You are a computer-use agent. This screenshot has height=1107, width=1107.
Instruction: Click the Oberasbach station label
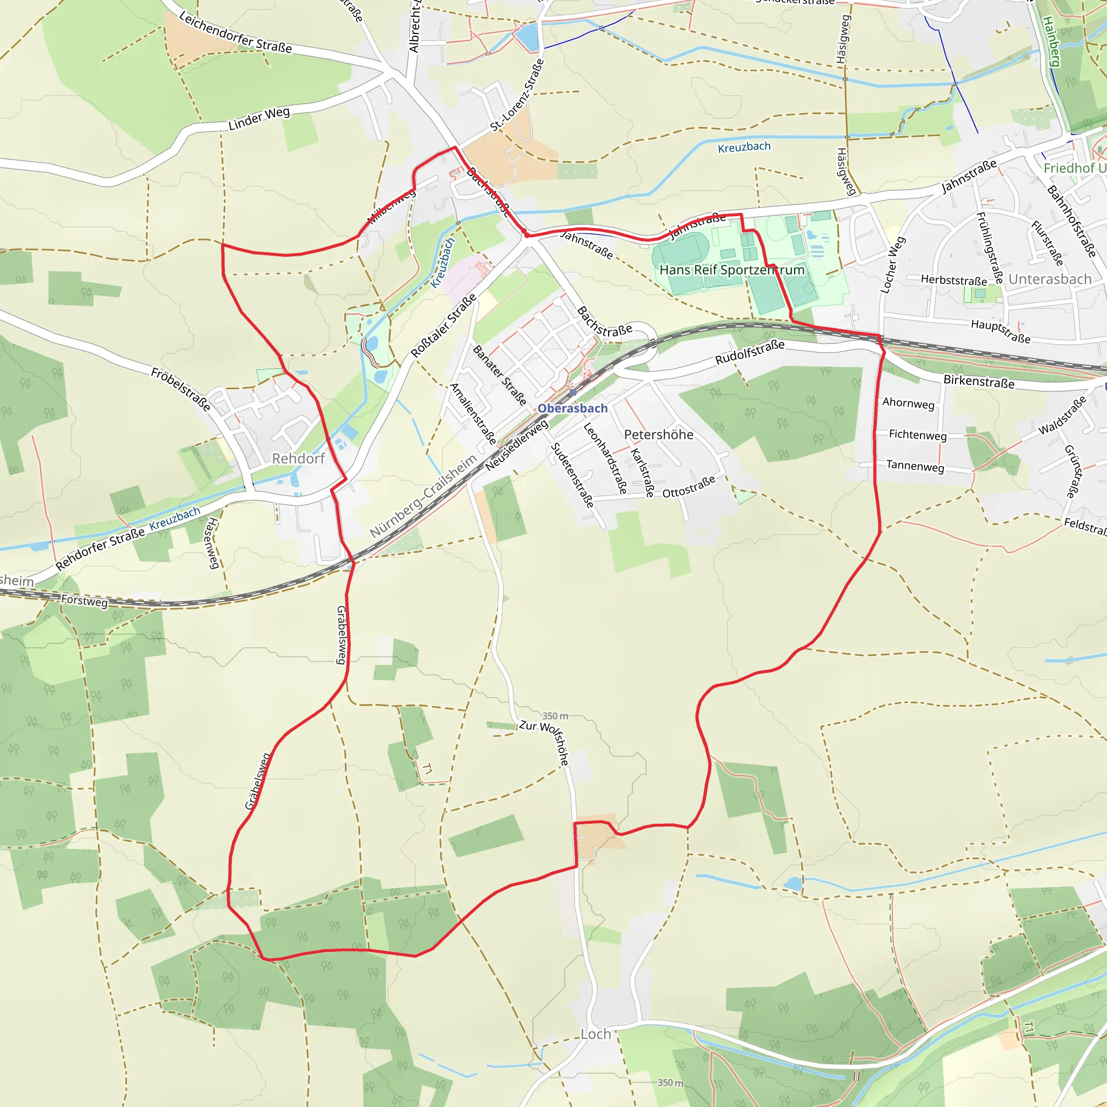(572, 409)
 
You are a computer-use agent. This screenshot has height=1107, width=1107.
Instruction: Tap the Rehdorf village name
(298, 458)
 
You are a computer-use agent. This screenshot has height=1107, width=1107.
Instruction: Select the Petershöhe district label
(658, 435)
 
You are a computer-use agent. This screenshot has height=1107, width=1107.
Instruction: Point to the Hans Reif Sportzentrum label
(732, 270)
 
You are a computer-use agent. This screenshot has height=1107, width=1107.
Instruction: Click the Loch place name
(595, 1034)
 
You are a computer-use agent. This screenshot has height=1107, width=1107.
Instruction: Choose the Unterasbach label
(1050, 279)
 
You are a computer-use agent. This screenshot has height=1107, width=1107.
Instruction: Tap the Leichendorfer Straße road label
(236, 32)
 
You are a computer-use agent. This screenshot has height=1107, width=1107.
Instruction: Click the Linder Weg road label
(259, 118)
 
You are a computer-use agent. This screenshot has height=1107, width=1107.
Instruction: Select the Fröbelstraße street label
(181, 390)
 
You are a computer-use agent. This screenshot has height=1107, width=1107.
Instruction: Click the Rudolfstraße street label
(750, 352)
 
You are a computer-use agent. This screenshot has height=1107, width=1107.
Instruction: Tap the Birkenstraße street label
(979, 382)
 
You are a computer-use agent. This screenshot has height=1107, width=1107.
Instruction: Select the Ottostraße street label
(689, 486)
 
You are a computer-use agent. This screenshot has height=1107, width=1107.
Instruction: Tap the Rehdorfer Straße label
(101, 549)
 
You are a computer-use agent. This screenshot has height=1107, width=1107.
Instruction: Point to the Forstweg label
(84, 601)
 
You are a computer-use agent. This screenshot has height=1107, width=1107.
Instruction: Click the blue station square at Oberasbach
(572, 393)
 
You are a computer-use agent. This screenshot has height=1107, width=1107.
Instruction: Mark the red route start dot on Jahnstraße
(525, 232)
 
